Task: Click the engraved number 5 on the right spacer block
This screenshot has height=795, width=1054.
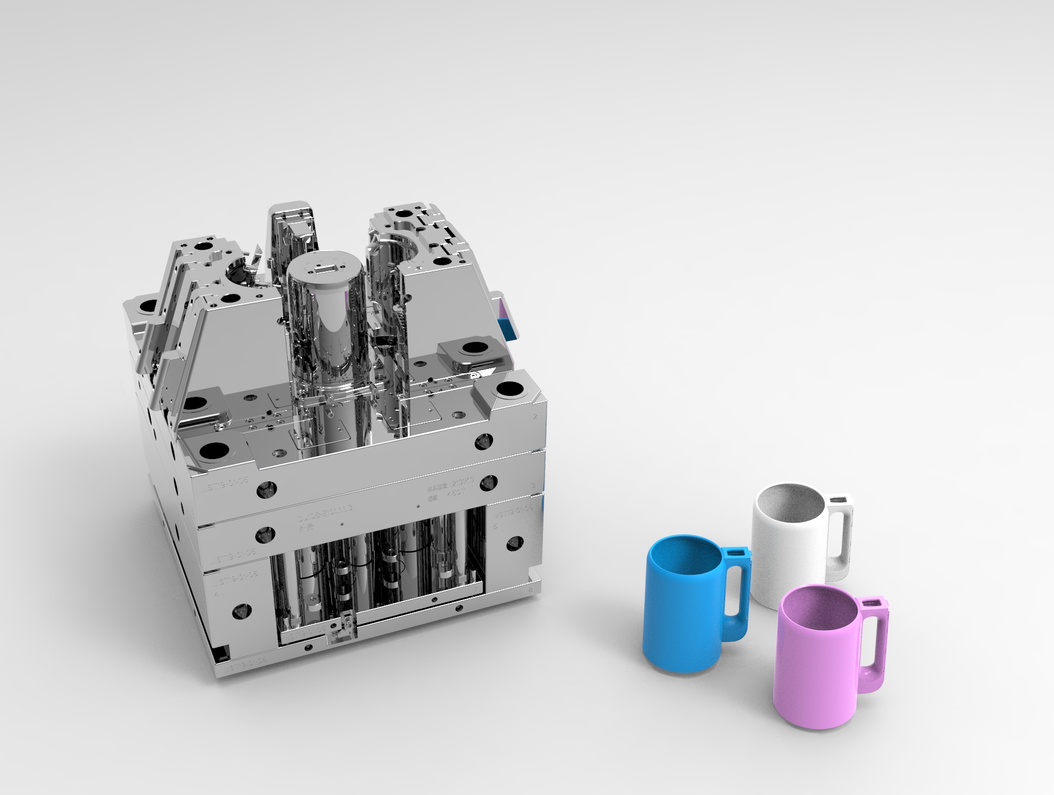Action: (x=496, y=526)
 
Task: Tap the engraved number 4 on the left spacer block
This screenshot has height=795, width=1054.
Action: (x=216, y=594)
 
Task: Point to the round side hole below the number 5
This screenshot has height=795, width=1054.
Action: (x=513, y=544)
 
